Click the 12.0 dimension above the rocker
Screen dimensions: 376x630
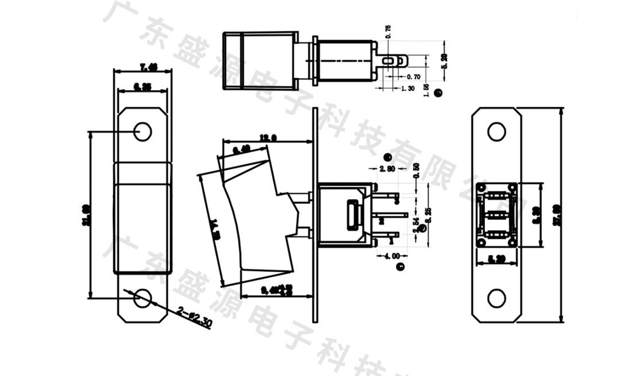tap(268, 138)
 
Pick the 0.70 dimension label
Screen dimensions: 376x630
tap(413, 76)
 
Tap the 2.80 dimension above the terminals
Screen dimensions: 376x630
tap(388, 169)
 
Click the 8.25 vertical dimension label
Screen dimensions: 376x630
tap(427, 214)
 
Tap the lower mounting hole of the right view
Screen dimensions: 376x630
tap(496, 298)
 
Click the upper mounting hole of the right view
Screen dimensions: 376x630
tap(496, 132)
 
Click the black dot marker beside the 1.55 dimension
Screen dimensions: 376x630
tap(438, 92)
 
